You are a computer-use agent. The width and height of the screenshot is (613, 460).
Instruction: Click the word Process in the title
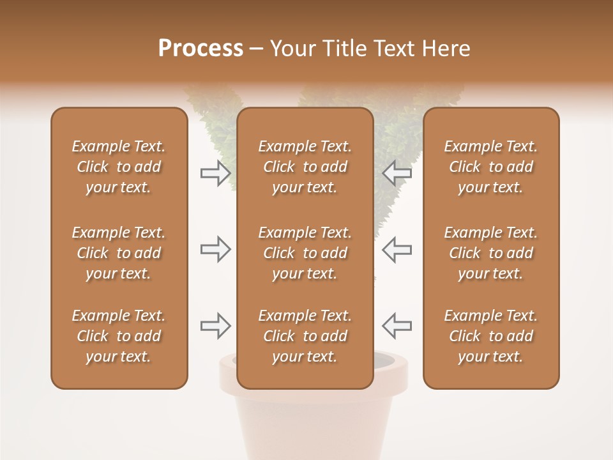pos(201,49)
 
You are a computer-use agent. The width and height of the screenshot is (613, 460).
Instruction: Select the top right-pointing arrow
pos(215,172)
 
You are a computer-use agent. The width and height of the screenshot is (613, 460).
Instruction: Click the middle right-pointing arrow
pos(215,249)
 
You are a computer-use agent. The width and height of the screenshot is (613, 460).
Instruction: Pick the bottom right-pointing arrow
pos(215,326)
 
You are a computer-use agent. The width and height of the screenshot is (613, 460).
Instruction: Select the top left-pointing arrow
pos(397,172)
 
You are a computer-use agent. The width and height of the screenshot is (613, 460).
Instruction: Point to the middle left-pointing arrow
pos(397,249)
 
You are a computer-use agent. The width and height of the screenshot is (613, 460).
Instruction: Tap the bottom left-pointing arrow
pos(397,326)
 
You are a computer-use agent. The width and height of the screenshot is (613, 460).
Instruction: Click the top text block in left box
pos(119,167)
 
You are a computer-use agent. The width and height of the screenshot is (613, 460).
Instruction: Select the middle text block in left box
pos(119,253)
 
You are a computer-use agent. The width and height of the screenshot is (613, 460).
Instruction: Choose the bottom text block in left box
pos(119,336)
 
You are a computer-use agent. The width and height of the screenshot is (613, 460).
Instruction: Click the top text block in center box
pos(305,167)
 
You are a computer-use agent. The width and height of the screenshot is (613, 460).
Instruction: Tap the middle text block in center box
pos(305,253)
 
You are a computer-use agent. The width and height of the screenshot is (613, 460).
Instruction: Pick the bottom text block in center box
pos(305,336)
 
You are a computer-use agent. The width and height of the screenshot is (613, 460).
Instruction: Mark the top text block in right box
pos(491,167)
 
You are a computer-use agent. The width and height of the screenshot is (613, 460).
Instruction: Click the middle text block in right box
pos(491,253)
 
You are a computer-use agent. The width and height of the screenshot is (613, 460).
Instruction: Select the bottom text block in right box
pos(491,336)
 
